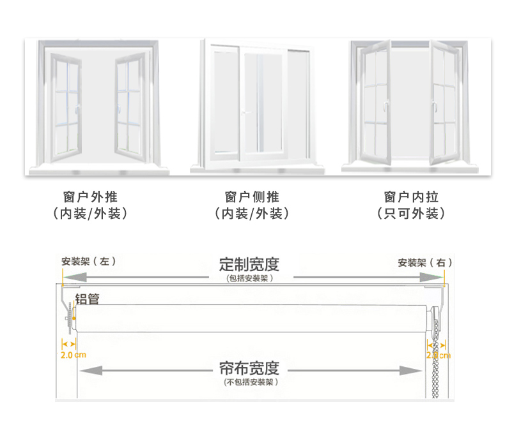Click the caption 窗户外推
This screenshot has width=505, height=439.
pos(91,197)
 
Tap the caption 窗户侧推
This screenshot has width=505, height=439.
pos(252,197)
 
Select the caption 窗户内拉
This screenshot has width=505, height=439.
pos(411,197)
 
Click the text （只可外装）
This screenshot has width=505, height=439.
pos(411,214)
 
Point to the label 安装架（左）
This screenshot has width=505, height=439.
pos(89,262)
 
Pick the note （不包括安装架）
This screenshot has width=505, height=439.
pos(251,382)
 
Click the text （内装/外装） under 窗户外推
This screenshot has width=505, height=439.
pos(91,214)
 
